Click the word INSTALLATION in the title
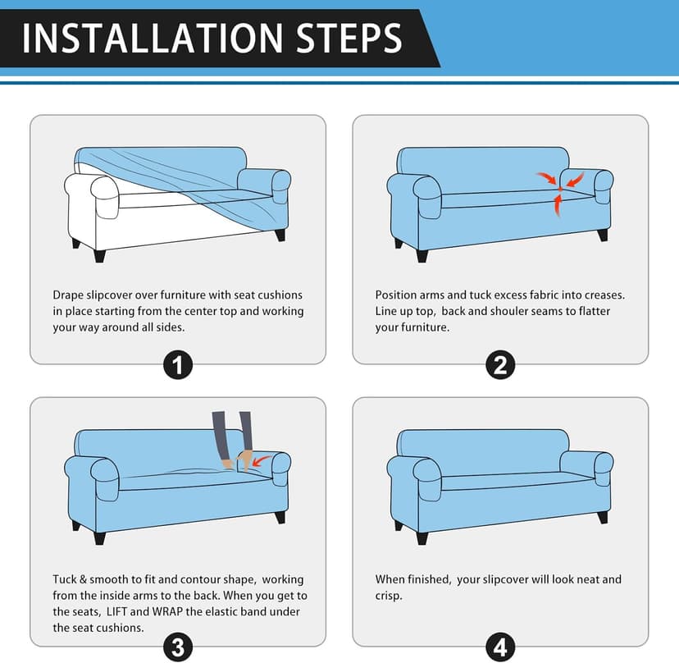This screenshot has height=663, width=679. coord(153,38)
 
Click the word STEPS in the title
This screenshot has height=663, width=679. coord(349,38)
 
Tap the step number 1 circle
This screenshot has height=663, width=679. coord(178,365)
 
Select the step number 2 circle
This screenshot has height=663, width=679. coord(500,365)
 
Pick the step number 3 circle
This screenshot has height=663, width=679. coord(178,647)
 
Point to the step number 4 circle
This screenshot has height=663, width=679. coord(500,647)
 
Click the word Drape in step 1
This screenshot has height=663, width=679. coord(68,295)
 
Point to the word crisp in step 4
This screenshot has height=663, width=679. coord(389,597)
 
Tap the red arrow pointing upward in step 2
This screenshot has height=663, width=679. coord(558,205)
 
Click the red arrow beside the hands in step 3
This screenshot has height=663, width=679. coord(261,460)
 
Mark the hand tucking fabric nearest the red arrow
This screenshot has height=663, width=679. coord(244,460)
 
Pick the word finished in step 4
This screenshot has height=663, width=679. coord(431,580)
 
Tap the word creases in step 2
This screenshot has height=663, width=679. coord(604,295)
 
